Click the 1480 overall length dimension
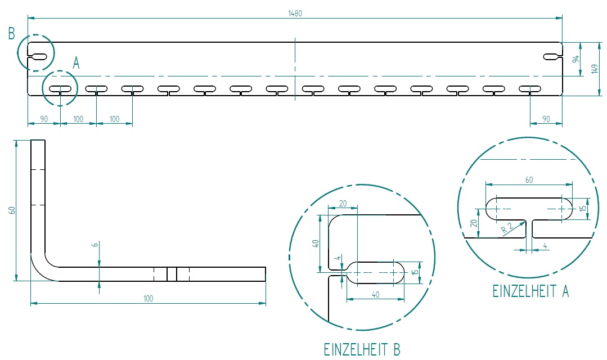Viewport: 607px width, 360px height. click(295, 13)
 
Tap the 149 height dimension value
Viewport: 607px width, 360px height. click(594, 69)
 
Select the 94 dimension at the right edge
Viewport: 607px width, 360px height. click(575, 59)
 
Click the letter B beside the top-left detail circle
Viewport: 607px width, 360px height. click(12, 34)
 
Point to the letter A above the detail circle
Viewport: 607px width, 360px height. click(76, 64)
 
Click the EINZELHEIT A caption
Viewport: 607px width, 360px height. click(530, 291)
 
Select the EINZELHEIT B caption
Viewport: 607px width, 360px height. click(362, 349)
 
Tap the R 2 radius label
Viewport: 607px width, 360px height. click(506, 228)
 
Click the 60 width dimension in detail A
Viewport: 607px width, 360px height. click(529, 180)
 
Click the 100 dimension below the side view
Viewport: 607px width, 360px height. click(148, 299)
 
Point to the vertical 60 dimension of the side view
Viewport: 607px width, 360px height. click(12, 210)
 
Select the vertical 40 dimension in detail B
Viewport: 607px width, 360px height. click(316, 244)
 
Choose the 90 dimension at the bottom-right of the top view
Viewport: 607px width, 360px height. click(546, 119)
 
